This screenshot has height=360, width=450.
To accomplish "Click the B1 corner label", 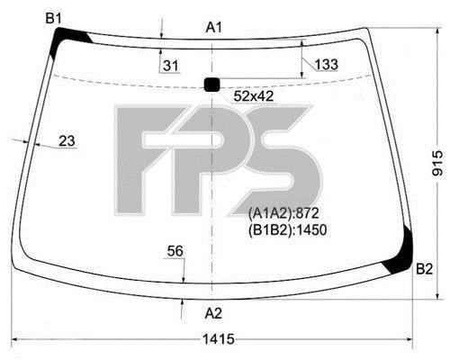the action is click(x=53, y=19).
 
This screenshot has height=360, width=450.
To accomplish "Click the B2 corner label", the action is click(x=424, y=269).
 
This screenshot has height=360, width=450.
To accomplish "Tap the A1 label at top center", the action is click(x=214, y=28).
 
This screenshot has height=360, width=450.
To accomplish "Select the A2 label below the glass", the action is click(x=213, y=314).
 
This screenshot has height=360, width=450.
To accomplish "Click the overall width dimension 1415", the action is click(x=219, y=339).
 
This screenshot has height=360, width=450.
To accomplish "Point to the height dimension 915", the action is click(x=437, y=163).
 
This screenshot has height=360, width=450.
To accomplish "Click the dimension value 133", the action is click(x=327, y=64).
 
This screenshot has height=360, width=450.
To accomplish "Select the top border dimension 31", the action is click(x=171, y=66).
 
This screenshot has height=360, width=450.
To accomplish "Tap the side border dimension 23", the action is click(x=67, y=140).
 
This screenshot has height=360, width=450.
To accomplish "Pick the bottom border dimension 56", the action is click(x=175, y=251).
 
